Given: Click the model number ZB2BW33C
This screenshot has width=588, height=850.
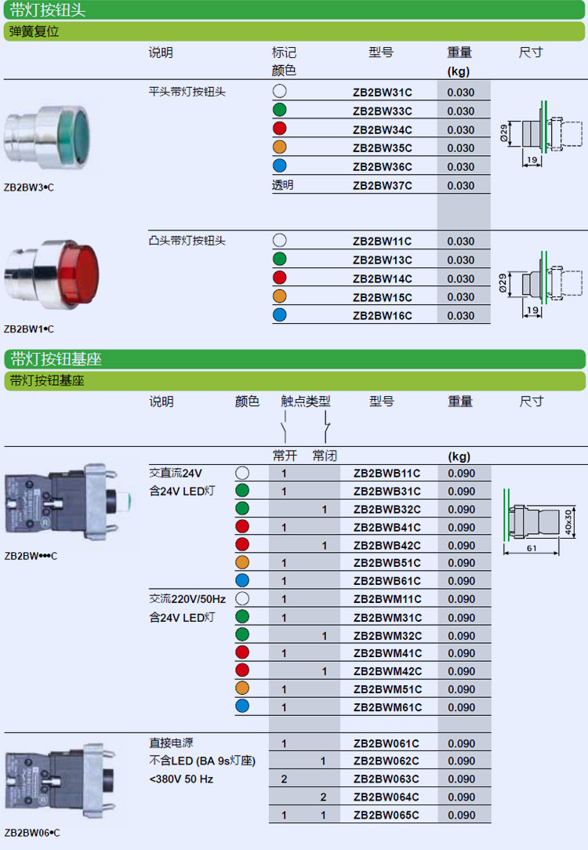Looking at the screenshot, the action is point(382,111).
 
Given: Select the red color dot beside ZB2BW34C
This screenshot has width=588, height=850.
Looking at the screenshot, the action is point(280,129).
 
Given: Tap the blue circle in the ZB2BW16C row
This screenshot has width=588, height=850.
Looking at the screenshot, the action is point(280,315).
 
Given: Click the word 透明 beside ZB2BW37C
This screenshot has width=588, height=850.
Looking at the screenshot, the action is point(282,185).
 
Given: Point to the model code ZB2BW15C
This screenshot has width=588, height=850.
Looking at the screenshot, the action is point(382,298).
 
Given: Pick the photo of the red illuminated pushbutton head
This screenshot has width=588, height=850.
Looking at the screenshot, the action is point(52,275).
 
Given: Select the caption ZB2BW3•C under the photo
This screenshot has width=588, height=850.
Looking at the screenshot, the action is point(29,187).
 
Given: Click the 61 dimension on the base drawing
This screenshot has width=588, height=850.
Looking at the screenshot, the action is point(532,548).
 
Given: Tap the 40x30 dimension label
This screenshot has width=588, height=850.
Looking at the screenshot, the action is point(568,522).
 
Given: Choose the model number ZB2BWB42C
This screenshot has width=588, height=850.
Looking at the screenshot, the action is point(387,545).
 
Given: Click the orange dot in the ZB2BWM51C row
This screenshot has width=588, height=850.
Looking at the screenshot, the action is point(242,688).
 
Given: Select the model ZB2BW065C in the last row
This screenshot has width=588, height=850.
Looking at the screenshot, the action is point(387,815).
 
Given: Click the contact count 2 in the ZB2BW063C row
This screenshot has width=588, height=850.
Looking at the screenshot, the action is point(284,779).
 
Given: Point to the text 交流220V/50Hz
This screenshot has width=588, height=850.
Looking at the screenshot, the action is point(187,599).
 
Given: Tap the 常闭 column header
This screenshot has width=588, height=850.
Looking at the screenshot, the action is point(325,456).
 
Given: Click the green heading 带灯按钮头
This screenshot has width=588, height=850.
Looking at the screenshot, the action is point(48,10).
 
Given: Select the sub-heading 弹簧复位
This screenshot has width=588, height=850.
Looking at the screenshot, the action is point(34,31).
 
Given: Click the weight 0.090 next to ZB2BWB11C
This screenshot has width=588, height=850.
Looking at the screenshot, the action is point(461,474).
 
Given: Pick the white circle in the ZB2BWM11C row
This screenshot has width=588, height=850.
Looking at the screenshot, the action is point(242,598).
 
